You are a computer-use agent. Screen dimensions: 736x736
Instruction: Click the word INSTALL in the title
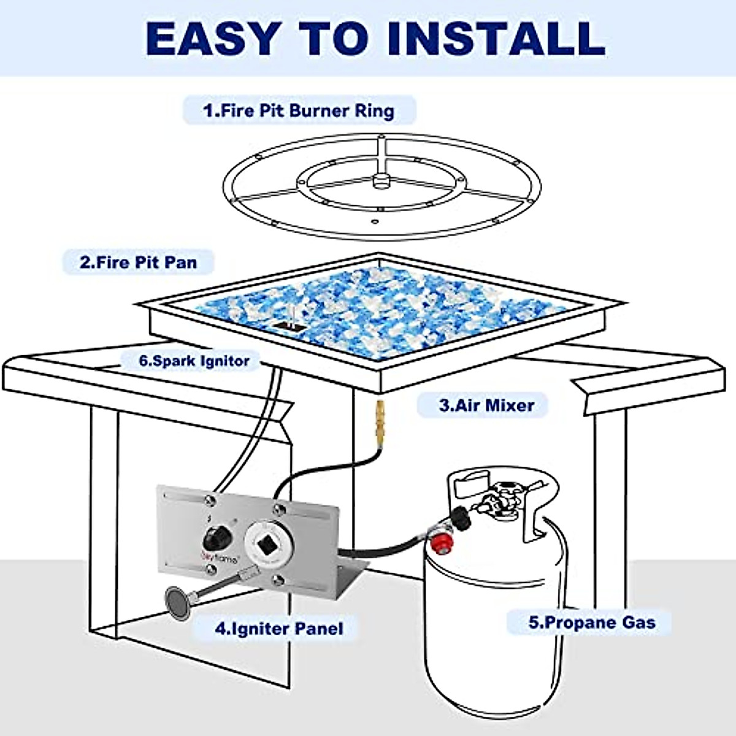click(x=497, y=39)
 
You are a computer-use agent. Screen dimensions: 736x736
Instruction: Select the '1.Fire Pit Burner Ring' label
click(x=299, y=111)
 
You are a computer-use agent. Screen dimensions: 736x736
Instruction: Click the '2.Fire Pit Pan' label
click(x=138, y=263)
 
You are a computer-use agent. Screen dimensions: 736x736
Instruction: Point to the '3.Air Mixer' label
click(x=486, y=405)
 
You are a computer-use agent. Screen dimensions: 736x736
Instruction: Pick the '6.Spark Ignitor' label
click(x=194, y=361)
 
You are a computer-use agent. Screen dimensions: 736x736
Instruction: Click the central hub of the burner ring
click(x=380, y=181)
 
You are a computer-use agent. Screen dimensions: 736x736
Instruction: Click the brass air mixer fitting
click(x=380, y=424)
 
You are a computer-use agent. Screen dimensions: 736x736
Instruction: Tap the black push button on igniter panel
click(x=217, y=538)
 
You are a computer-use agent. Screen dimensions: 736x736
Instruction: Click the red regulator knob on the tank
click(x=442, y=543)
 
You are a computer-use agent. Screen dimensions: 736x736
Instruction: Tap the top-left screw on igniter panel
click(x=209, y=499)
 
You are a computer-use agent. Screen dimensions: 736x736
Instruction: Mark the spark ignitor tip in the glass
click(x=292, y=315)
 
